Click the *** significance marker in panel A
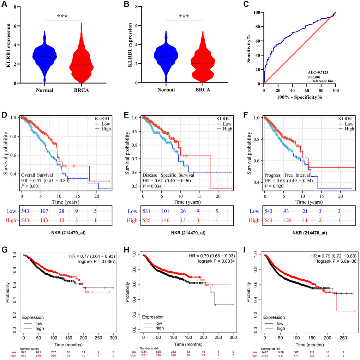click(62, 16)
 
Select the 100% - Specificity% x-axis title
click(299, 96)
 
